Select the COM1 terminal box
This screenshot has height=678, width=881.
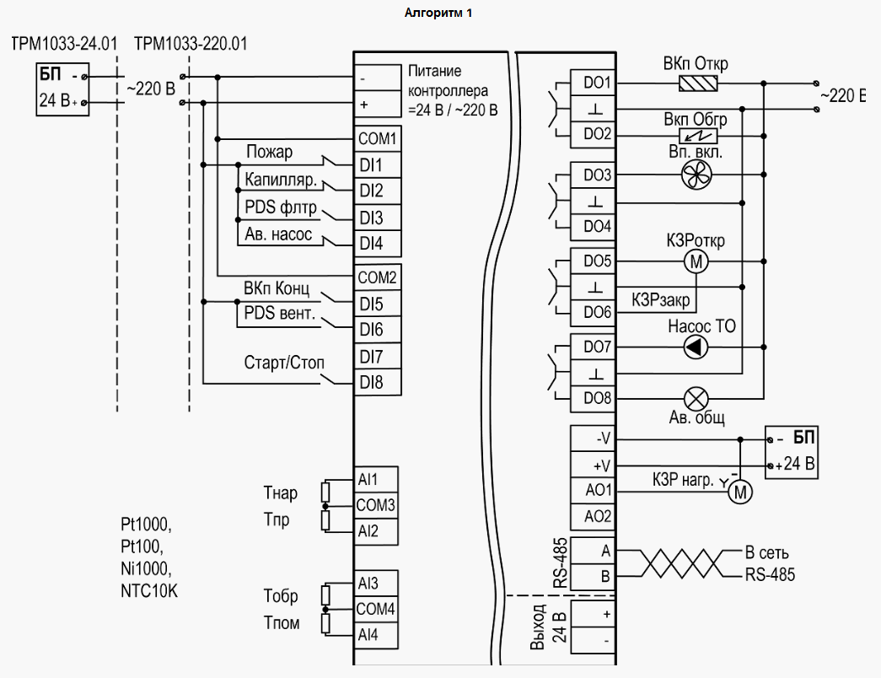click(x=376, y=137)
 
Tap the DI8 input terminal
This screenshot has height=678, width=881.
click(x=372, y=383)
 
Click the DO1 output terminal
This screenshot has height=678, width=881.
click(x=597, y=83)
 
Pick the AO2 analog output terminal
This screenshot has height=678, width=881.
click(x=598, y=516)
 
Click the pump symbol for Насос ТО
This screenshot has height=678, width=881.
click(x=696, y=347)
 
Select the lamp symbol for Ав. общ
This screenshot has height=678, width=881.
click(x=696, y=398)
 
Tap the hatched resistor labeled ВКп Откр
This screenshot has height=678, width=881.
click(x=698, y=83)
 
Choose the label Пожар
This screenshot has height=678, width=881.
click(x=269, y=152)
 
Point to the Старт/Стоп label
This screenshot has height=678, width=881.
click(x=284, y=363)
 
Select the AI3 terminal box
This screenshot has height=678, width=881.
click(x=368, y=583)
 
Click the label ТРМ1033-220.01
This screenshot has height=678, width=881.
click(x=191, y=42)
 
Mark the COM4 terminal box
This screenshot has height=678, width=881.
click(x=376, y=608)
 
